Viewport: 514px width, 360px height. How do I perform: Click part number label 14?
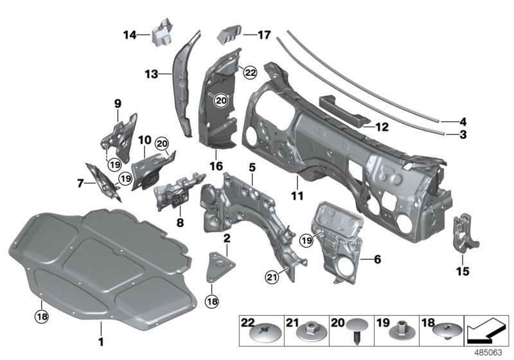tap(129, 35)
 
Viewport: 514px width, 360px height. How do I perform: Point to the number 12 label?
tap(463, 120)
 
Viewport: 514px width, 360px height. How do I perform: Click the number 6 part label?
tap(377, 259)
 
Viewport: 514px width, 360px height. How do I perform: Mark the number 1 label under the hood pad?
tap(100, 340)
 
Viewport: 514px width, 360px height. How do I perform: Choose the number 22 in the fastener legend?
tap(247, 322)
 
